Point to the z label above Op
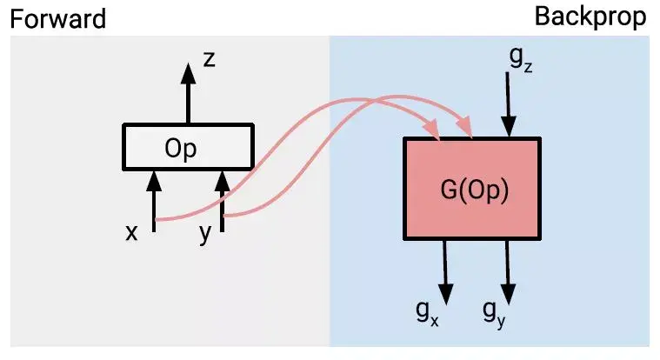[209, 60]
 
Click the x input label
[132, 232]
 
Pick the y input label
[205, 233]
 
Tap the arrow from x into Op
[154, 204]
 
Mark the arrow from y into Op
[223, 204]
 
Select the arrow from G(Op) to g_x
[447, 265]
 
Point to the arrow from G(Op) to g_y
[510, 265]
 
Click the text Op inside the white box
[181, 148]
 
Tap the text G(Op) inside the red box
[473, 190]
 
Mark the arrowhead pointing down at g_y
[510, 290]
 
